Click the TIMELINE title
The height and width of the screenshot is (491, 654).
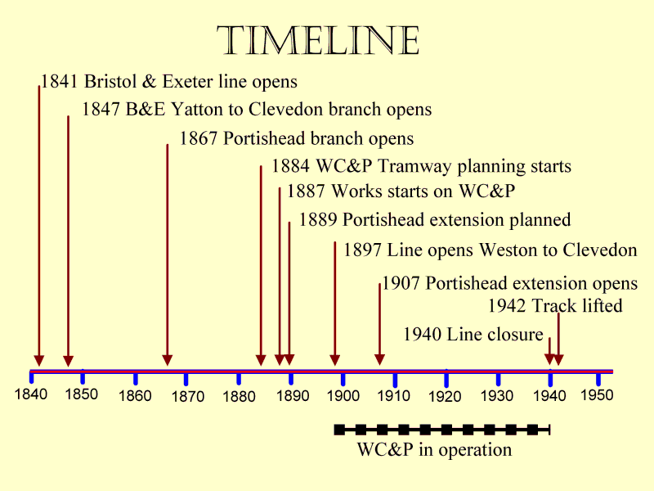[319, 41]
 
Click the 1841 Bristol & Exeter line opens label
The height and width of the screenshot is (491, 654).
[168, 82]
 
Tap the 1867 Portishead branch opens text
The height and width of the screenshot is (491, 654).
[296, 138]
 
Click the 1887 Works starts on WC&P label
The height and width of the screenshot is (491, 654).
[401, 191]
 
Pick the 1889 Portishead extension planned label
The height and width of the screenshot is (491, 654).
[434, 220]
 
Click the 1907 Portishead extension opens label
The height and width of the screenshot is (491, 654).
[509, 284]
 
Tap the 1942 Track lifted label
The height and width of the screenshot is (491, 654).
[555, 306]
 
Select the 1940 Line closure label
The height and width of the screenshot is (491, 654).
[473, 334]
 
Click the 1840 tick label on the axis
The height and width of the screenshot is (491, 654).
[31, 394]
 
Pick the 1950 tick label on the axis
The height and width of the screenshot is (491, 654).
[597, 394]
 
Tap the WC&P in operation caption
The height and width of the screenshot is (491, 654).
[434, 450]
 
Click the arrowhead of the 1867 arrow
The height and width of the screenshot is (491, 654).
[168, 360]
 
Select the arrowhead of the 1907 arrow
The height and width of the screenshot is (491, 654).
[380, 360]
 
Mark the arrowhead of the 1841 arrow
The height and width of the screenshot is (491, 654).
[38, 360]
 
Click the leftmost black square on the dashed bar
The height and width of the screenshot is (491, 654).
[340, 429]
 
